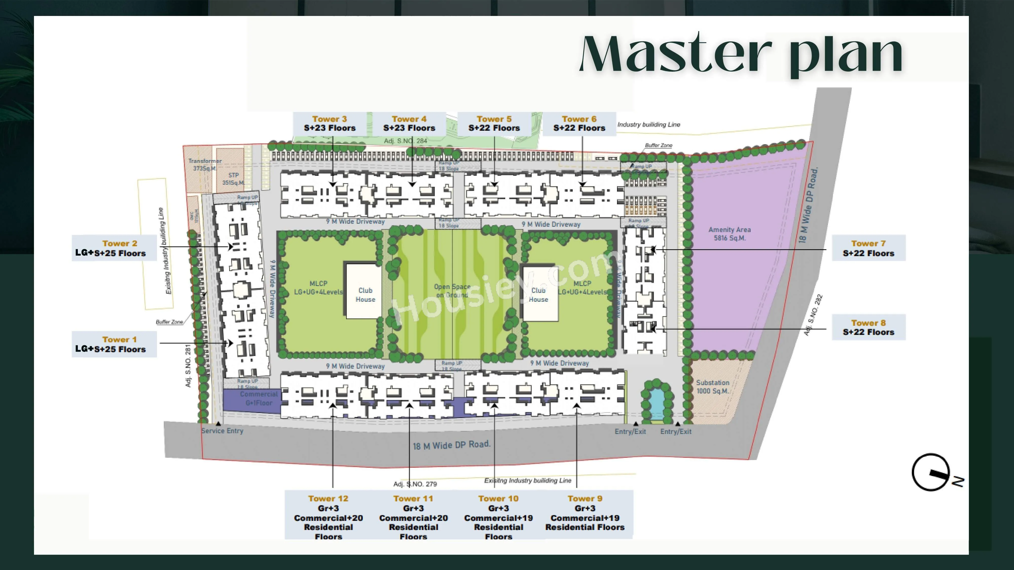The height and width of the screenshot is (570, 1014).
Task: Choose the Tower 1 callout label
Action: tap(114, 344)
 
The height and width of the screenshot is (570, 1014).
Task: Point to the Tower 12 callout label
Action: tap(328, 517)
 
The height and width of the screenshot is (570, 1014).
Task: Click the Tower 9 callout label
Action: tap(585, 512)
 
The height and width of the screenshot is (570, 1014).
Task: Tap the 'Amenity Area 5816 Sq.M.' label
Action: tap(729, 234)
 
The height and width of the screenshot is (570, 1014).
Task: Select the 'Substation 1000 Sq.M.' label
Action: tap(713, 387)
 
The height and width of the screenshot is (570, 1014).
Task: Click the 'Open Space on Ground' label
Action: tap(452, 291)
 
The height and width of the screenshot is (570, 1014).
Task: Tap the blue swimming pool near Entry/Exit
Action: tap(655, 403)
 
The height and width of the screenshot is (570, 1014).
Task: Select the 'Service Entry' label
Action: tap(222, 431)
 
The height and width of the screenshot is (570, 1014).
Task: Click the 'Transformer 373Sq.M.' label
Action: tap(205, 164)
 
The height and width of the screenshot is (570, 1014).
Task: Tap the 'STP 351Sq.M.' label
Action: tap(233, 179)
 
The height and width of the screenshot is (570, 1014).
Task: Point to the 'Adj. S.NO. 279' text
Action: tap(415, 484)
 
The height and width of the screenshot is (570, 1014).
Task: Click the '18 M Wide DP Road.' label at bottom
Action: tap(451, 445)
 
